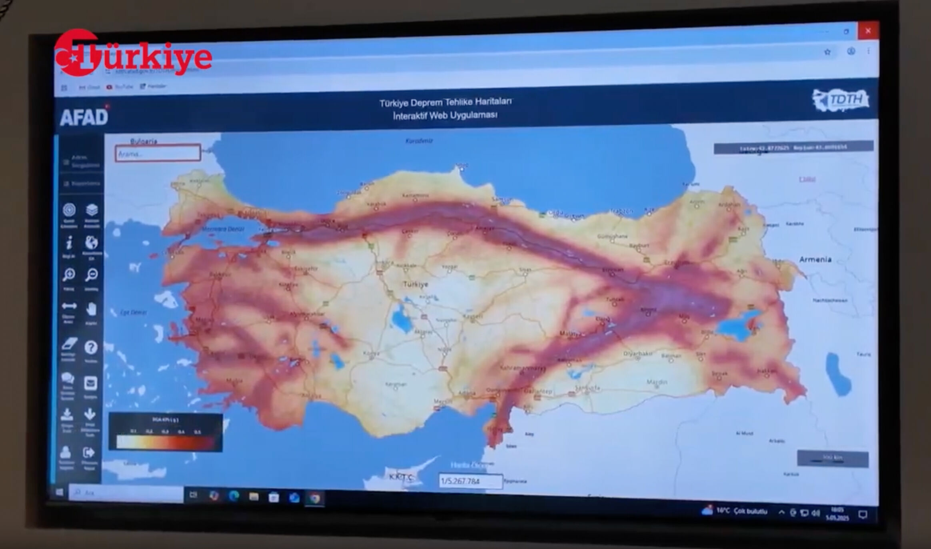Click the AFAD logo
click(84, 117)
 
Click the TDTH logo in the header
click(841, 100)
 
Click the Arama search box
click(158, 153)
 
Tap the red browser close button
click(868, 31)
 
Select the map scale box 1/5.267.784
click(470, 481)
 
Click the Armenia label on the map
click(815, 259)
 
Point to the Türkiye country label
click(415, 284)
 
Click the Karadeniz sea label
click(419, 141)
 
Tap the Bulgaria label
click(144, 141)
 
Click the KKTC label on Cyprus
click(400, 477)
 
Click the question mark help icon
click(91, 347)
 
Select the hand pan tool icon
click(91, 309)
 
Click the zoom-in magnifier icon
click(69, 274)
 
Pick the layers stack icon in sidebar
click(92, 210)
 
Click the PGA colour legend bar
click(165, 441)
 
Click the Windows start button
click(59, 492)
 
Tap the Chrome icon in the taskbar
click(315, 498)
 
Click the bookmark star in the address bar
click(827, 52)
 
